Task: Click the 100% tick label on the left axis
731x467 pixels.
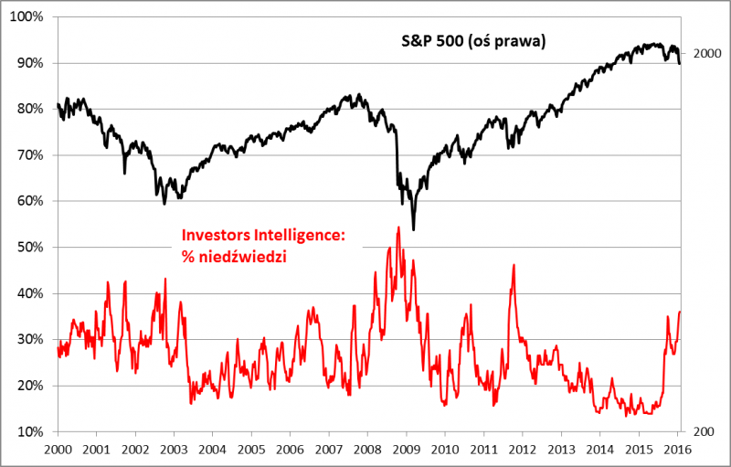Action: click(30, 17)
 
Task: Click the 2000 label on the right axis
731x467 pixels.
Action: click(707, 54)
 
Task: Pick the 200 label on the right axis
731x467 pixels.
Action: click(701, 430)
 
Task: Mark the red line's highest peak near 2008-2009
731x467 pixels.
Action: click(398, 227)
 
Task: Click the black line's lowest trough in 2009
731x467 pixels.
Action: click(413, 229)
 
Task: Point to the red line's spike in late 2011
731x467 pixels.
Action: click(514, 265)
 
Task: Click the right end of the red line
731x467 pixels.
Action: click(680, 312)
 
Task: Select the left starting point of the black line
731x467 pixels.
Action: click(57, 104)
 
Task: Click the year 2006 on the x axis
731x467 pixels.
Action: click(290, 450)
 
